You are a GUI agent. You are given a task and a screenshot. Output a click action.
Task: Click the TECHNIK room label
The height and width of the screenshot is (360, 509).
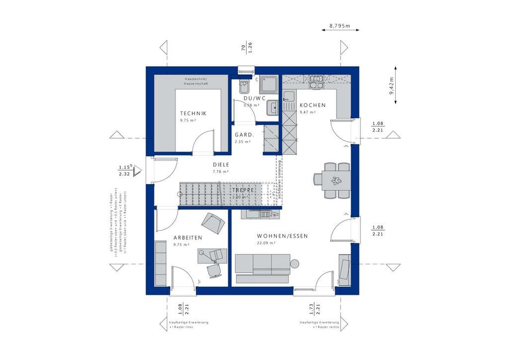(193, 113)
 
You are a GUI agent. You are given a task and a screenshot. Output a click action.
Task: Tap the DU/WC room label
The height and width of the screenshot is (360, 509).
(251, 98)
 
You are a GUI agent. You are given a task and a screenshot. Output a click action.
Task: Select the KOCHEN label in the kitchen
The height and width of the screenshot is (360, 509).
(312, 105)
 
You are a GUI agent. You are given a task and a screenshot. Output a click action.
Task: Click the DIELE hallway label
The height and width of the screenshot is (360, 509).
(221, 165)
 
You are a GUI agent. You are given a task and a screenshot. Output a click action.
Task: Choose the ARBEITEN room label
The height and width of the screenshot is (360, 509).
(187, 238)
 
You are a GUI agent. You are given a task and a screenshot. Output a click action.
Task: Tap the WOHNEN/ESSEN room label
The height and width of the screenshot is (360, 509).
(282, 236)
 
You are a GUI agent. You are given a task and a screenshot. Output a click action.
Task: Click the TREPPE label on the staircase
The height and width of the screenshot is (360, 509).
(243, 190)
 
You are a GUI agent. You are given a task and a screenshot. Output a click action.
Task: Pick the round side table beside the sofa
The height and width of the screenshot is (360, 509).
(294, 263)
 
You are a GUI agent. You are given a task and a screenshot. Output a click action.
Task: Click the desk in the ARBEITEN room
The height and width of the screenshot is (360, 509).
(212, 256)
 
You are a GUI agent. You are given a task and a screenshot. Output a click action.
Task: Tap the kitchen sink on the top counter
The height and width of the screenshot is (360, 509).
(316, 79)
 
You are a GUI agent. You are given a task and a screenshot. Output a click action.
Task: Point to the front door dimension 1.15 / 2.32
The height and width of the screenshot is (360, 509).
(124, 171)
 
